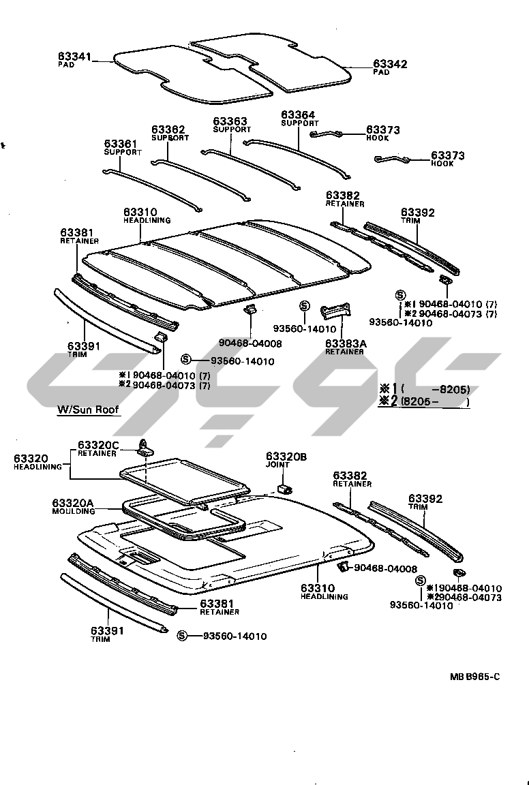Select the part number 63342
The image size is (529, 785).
coord(390,64)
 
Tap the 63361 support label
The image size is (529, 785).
coord(121,144)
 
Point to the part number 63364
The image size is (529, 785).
coord(299,115)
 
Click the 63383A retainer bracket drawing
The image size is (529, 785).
coord(337,311)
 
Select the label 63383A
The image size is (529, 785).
coord(346,343)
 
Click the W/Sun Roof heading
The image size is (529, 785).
coord(89,410)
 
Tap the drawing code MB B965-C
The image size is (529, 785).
coord(474,676)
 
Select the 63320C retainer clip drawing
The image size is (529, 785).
coord(145,447)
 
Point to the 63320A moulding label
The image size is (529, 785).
coord(73,505)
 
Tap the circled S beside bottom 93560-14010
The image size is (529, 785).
coord(182,636)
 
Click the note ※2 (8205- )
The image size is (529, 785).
coord(424,402)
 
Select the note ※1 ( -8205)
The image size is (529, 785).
coord(424,390)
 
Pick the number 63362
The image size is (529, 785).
coord(168,129)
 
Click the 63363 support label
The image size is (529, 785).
coord(230,121)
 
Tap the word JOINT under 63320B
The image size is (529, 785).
coord(278,465)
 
